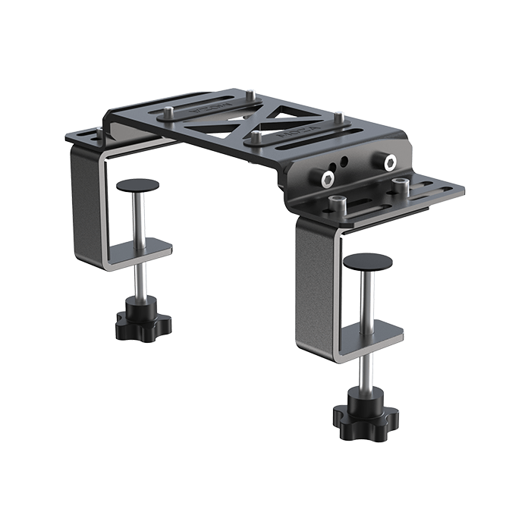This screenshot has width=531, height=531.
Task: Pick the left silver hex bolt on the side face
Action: (327, 178)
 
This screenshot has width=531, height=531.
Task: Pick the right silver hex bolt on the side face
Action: (390, 162)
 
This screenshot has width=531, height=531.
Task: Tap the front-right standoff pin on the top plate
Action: (258, 137)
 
